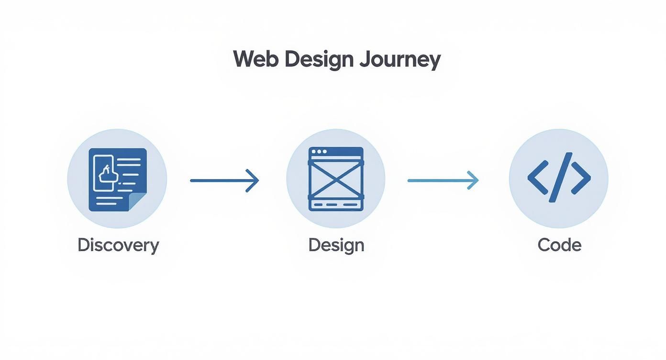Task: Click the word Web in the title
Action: click(x=255, y=59)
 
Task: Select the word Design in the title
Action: click(x=319, y=59)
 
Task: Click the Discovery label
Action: click(x=118, y=245)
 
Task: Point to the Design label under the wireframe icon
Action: click(x=336, y=245)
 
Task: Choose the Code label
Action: click(x=559, y=245)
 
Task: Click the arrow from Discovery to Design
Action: click(x=224, y=180)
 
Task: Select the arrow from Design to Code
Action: click(x=443, y=180)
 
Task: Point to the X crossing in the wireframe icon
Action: click(x=336, y=179)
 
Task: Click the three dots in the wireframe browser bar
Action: click(x=319, y=152)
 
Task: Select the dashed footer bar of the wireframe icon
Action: click(x=336, y=204)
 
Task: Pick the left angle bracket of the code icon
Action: click(x=538, y=178)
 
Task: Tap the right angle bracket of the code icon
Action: click(x=580, y=178)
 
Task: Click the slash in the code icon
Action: click(x=559, y=177)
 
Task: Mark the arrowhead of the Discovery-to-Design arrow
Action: click(x=254, y=180)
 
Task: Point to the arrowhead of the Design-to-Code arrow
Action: click(x=473, y=180)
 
